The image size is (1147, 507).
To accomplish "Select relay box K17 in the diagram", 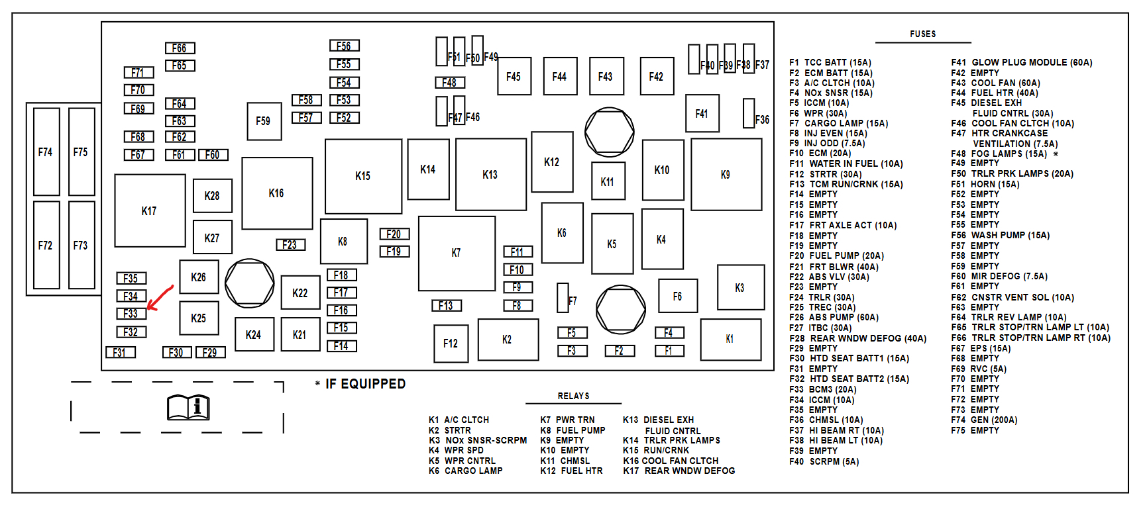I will click(150, 210).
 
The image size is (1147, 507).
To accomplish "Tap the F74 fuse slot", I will click(46, 152).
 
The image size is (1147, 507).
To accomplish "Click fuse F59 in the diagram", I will click(264, 120).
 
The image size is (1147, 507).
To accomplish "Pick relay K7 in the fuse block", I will click(457, 253).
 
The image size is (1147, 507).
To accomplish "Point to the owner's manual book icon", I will click(188, 407).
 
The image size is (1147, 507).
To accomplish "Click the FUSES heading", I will click(922, 34).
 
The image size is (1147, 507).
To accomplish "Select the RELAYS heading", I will click(573, 396).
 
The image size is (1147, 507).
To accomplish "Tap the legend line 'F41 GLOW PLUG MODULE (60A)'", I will click(1021, 62).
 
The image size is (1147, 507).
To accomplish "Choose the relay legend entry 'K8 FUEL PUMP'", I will click(573, 430).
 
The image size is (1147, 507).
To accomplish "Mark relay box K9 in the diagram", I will click(726, 175).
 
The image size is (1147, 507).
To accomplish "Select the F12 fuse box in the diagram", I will click(451, 343).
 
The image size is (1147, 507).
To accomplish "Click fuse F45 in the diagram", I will click(514, 76).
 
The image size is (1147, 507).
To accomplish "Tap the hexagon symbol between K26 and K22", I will click(250, 283).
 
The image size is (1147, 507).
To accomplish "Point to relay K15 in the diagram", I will click(363, 176).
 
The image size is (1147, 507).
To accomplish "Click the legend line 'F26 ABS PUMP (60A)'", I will click(834, 317).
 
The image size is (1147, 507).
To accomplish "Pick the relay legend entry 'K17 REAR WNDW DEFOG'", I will click(679, 471).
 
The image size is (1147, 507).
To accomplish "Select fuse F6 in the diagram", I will click(677, 296).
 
